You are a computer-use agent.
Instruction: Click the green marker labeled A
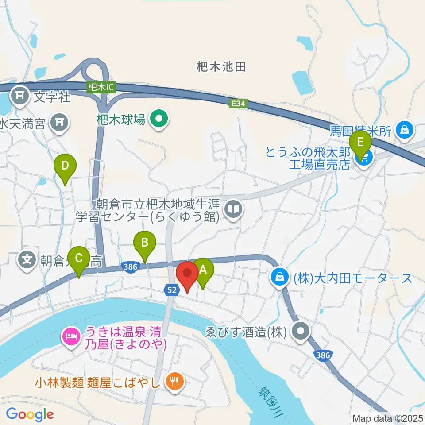point(203,269)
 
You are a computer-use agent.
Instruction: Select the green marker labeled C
point(79,258)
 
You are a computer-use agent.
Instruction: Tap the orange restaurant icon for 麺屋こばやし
point(174,382)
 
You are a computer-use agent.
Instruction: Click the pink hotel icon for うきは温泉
point(71,336)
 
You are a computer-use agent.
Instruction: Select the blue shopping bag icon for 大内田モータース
point(280,278)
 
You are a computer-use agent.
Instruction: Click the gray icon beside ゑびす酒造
point(303,331)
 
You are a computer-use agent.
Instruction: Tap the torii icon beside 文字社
point(20,95)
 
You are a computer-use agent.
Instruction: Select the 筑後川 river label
point(267,396)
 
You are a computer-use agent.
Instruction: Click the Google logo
point(30,414)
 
